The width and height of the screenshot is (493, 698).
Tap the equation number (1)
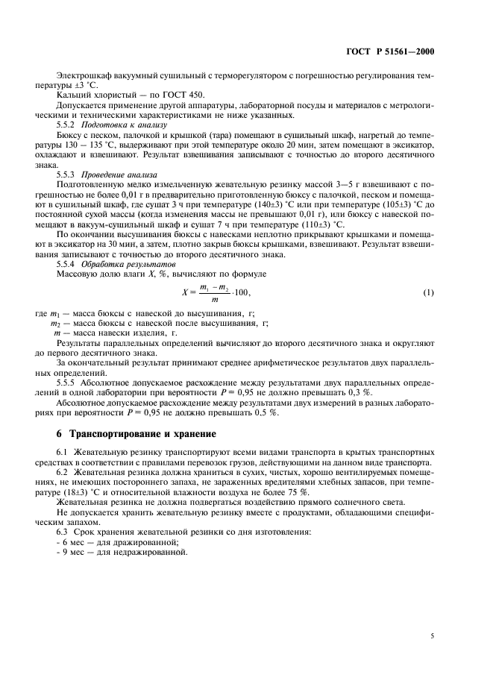tap(428, 292)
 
